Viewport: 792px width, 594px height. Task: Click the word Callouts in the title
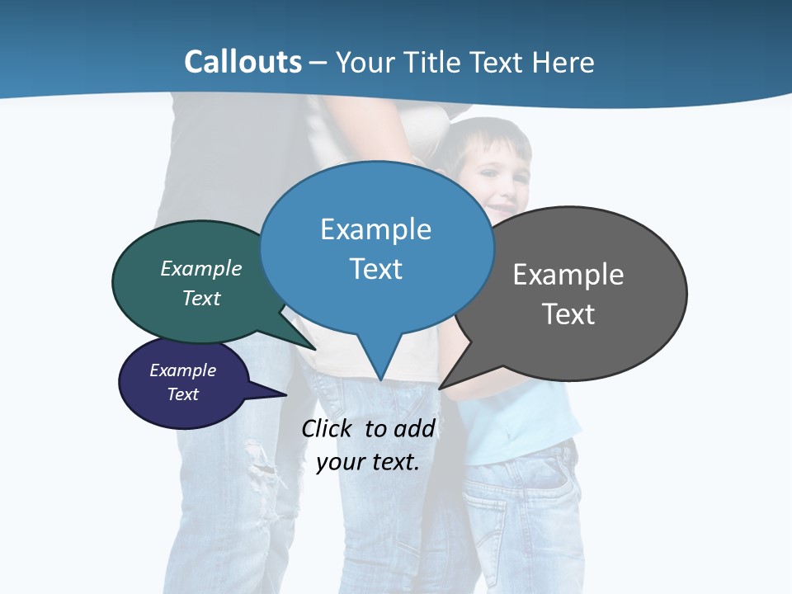coord(243,62)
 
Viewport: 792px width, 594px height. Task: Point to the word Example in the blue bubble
coord(375,229)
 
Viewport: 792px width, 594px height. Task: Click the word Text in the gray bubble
coord(568,314)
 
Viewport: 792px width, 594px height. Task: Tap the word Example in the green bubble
coord(200,269)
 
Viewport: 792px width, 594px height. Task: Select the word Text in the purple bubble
coord(182,394)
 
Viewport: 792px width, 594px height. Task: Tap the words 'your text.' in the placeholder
coord(368,462)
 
